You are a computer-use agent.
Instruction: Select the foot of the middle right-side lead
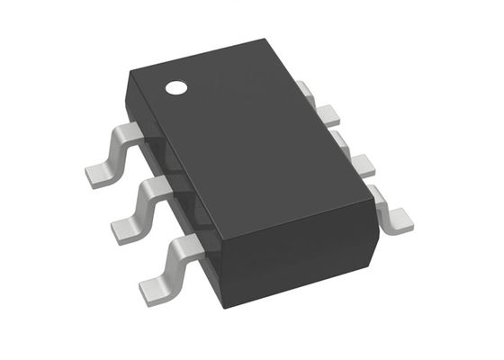(361, 164)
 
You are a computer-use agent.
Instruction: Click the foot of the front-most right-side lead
(397, 216)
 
